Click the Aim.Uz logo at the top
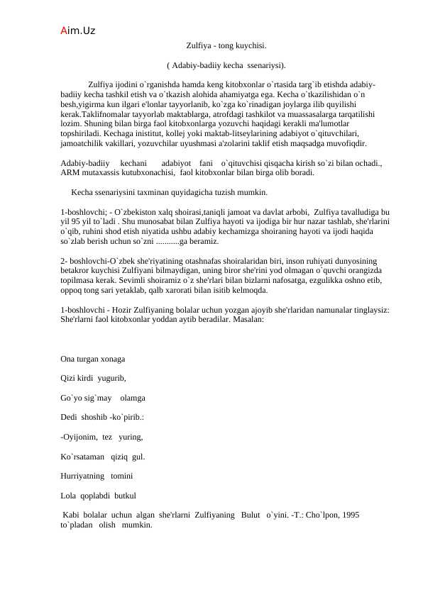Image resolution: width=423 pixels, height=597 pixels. coord(78,31)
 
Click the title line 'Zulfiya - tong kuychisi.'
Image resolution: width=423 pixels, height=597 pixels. coord(226,45)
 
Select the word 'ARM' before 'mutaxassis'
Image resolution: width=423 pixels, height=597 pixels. coord(70,172)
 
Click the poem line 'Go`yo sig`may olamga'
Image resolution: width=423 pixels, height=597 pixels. coord(103,399)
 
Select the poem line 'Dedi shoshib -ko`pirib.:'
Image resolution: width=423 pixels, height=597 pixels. coord(103,418)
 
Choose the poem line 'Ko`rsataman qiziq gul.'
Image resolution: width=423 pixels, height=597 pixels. coord(103,457)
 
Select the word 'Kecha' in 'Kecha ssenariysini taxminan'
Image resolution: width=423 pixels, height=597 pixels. coord(83,192)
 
